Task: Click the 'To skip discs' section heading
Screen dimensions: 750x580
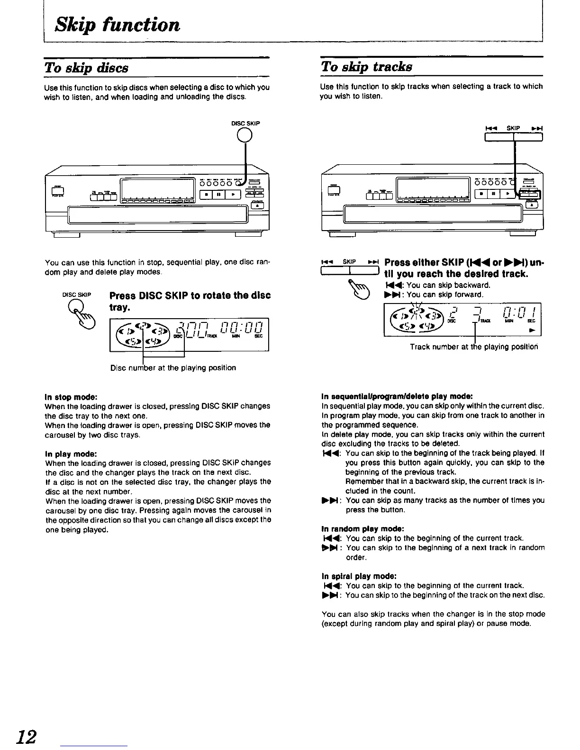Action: (86, 67)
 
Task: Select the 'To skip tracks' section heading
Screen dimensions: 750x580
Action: (366, 66)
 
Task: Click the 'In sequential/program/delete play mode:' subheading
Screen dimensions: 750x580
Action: (397, 396)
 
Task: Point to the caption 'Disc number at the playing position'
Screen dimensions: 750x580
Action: (173, 367)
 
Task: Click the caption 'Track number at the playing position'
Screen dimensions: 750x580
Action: (474, 347)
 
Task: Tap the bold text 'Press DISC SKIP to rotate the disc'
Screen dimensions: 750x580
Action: (190, 295)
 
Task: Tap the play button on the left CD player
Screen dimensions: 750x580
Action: (232, 195)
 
